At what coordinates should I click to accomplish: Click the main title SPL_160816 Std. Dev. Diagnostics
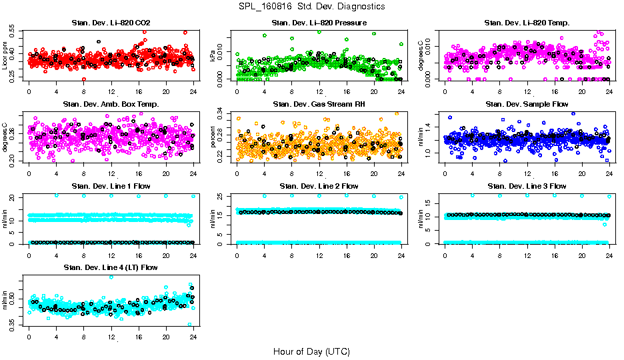click(x=311, y=7)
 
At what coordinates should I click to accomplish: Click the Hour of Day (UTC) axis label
click(x=311, y=351)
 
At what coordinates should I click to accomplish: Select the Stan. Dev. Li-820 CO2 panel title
click(x=111, y=23)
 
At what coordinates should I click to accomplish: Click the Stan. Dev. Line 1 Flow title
click(x=111, y=186)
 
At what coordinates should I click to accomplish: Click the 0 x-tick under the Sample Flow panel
click(x=445, y=173)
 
